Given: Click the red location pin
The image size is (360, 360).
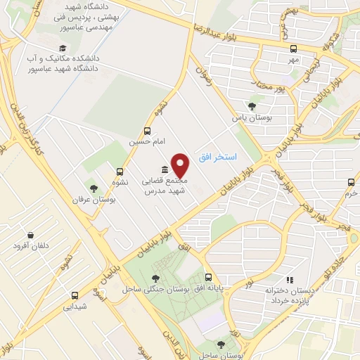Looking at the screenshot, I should (181, 166).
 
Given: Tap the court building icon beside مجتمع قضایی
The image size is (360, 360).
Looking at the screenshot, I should (165, 169).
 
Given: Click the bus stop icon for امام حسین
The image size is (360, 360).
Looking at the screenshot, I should (147, 131).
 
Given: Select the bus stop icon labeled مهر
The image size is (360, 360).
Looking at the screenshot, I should (293, 49).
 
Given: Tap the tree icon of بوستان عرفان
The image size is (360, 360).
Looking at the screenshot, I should (94, 188).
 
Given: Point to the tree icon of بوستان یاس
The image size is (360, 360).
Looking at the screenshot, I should (252, 106).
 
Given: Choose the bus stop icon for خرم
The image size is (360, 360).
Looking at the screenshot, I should (351, 181).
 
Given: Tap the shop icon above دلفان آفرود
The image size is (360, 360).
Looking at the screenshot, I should (30, 235).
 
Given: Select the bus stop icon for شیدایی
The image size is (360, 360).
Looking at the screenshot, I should (75, 295).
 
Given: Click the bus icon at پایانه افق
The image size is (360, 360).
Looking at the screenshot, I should (208, 278).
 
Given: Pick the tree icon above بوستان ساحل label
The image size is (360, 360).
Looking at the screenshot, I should (221, 344).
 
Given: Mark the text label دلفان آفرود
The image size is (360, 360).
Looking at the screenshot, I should (31, 247).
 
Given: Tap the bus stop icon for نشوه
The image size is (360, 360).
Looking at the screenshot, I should (120, 171).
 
